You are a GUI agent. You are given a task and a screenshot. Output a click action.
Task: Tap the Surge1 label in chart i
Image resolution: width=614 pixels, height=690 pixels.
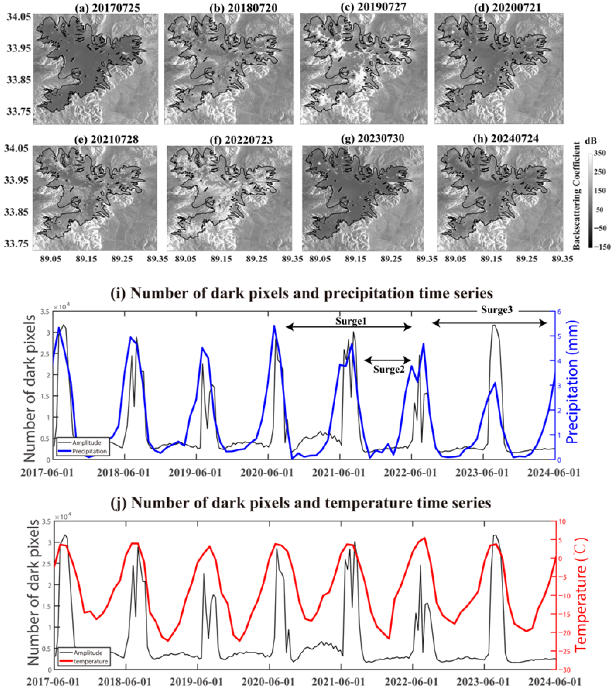click(x=351, y=321)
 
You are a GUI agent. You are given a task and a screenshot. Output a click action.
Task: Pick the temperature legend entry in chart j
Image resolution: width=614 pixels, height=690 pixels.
click(x=90, y=661)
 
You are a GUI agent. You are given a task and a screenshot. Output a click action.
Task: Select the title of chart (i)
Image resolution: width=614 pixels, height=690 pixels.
click(x=302, y=293)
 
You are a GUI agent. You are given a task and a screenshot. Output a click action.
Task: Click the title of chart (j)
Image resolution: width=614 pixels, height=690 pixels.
click(x=301, y=503)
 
